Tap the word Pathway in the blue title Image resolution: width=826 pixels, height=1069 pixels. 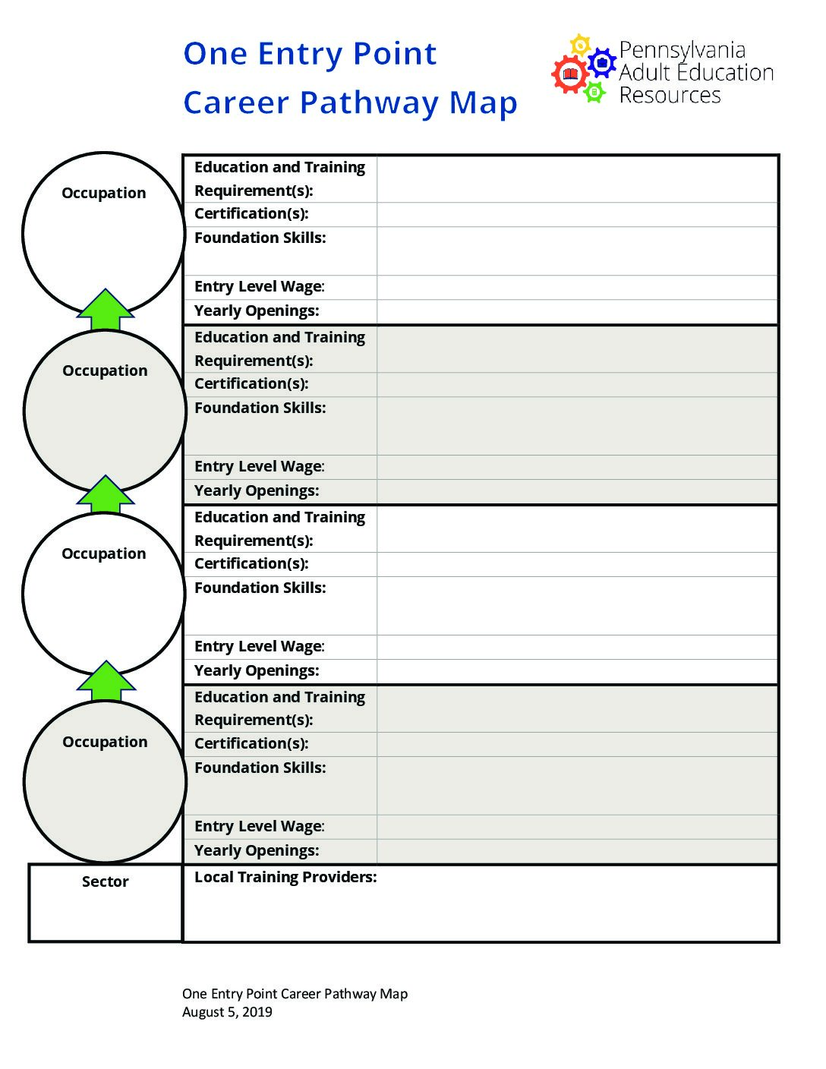pos(369,104)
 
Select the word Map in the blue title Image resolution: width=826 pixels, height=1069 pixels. pos(483,104)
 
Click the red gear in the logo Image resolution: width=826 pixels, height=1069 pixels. pos(570,74)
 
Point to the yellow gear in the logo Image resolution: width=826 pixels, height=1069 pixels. pos(581,46)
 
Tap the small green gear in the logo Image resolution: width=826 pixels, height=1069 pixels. pos(594,92)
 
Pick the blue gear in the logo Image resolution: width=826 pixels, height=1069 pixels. pos(602,62)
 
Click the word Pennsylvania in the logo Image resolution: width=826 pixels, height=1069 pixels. pos(683,51)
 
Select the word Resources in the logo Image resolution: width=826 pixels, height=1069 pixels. pos(670,95)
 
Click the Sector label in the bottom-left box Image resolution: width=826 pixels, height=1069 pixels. pos(106,881)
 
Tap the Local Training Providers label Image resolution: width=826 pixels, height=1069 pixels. pos(285,877)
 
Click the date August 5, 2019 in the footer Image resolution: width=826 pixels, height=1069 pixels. pos(227,1011)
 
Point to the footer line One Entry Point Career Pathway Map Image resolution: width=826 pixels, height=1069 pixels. pos(295,994)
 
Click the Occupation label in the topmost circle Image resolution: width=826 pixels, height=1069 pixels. pos(104,193)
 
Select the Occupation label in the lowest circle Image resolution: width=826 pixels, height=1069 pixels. pos(105,742)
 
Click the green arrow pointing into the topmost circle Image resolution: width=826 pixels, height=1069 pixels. pos(106,310)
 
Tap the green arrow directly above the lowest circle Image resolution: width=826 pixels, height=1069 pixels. pos(106,681)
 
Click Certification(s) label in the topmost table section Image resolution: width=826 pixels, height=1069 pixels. pos(252,214)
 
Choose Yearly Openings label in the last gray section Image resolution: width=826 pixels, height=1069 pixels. pos(257,850)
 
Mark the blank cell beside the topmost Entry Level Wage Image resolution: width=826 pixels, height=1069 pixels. pos(577,287)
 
